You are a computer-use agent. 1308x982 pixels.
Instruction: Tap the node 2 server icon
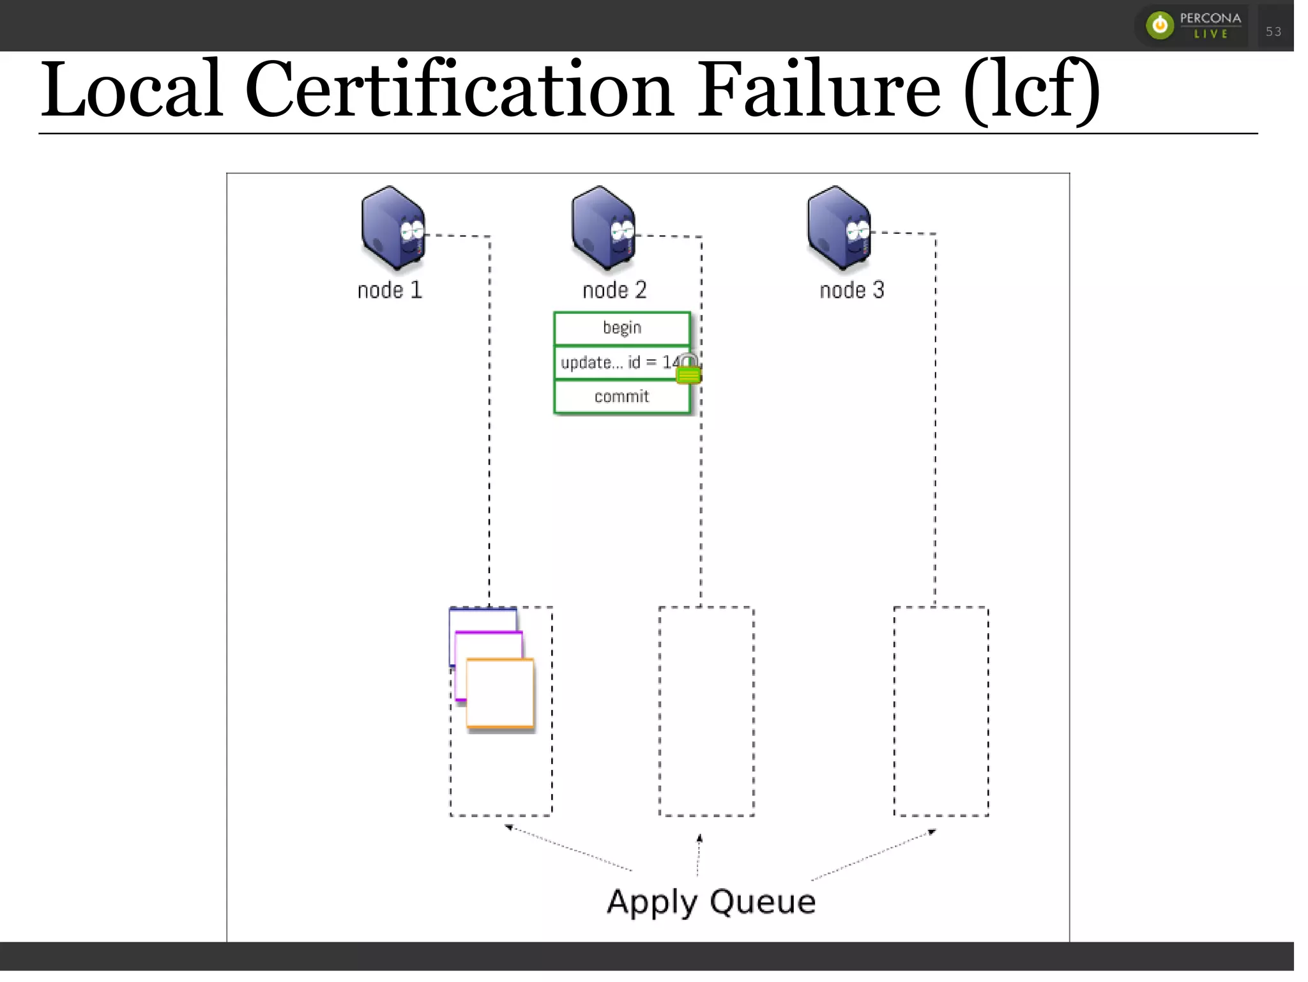603,228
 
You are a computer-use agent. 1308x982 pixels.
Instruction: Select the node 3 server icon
839,228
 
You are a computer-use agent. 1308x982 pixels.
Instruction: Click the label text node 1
390,291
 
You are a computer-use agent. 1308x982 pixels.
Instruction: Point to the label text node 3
852,291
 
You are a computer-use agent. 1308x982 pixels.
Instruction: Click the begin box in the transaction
621,328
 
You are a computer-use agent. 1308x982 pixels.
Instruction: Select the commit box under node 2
621,397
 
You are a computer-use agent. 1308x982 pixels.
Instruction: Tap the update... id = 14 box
613,363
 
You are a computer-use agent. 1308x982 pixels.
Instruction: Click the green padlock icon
688,370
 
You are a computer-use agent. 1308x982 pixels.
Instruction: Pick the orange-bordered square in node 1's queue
500,694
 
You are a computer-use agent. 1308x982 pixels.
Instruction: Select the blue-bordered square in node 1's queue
482,618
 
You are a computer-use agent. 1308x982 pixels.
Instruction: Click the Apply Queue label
711,903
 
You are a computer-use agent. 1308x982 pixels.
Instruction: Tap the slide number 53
1274,31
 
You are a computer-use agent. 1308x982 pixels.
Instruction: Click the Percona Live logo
1192,26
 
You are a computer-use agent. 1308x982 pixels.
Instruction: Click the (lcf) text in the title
1031,91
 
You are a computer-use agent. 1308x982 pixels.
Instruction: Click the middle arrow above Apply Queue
699,854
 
